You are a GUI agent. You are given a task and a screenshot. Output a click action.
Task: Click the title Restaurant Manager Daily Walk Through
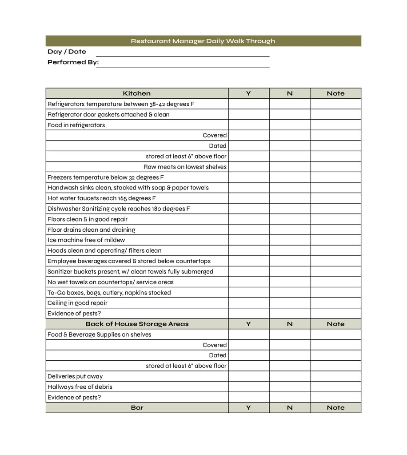[x=203, y=41]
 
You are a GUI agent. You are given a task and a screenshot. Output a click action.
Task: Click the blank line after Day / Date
[x=183, y=53]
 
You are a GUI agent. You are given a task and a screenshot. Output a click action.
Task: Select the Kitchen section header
[x=137, y=93]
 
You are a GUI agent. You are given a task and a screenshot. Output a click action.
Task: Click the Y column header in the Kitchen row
[x=248, y=93]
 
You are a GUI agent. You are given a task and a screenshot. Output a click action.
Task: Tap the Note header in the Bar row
[x=335, y=407]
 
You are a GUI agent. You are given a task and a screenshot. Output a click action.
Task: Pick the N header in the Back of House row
[x=290, y=324]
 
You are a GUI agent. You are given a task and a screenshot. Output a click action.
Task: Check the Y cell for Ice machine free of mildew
[x=248, y=240]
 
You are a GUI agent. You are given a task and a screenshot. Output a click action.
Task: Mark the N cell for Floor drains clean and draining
[x=290, y=230]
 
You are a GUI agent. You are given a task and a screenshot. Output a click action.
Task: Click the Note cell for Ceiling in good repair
[x=335, y=303]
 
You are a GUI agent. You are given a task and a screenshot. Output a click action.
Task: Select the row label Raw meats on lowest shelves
[x=185, y=167]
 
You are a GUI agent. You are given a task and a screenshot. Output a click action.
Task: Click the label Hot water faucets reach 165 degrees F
[x=102, y=198]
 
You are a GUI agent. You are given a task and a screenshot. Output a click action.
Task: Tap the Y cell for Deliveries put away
[x=248, y=376]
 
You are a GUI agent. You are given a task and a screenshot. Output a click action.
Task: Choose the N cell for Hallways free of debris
[x=290, y=387]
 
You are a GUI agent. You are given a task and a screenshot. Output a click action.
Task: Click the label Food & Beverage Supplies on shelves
[x=100, y=334]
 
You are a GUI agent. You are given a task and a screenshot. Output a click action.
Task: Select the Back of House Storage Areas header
[x=137, y=324]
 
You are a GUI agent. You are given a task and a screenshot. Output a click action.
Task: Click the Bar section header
[x=137, y=407]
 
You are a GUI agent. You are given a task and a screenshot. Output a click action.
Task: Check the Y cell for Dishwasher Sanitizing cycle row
[x=248, y=209]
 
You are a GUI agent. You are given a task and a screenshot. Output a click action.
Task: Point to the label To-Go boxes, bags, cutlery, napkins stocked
[x=109, y=293]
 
